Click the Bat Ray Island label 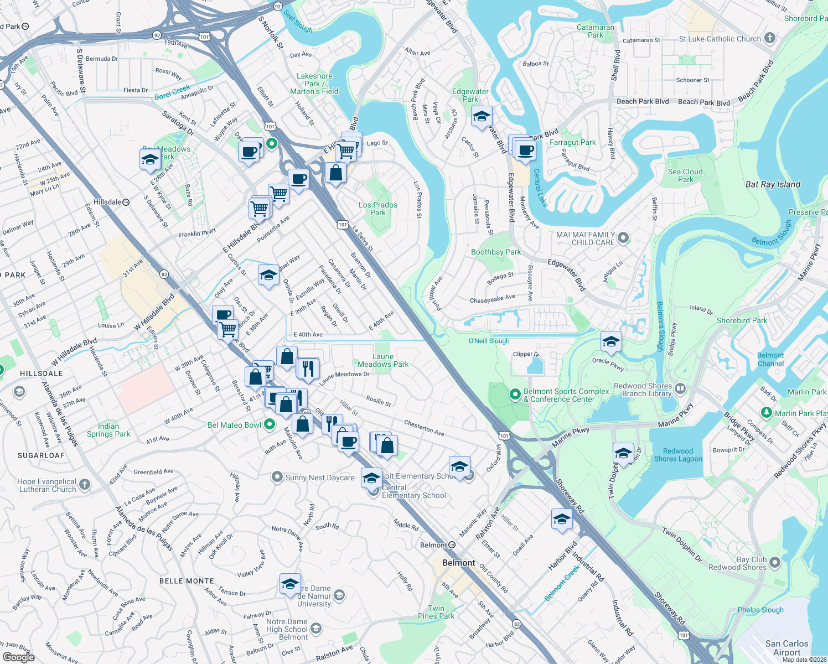click(773, 184)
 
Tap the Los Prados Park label click(378, 209)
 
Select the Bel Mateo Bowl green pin click(270, 424)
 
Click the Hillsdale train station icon click(126, 203)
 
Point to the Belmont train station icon click(452, 545)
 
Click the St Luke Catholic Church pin click(769, 38)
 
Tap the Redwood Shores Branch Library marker click(680, 389)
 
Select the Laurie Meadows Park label click(383, 360)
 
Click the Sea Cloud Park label click(685, 175)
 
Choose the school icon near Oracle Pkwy click(611, 342)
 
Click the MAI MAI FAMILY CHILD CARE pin click(623, 238)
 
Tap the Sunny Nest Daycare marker click(277, 477)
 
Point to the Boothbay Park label click(496, 252)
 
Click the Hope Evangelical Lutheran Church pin click(84, 485)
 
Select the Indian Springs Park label click(108, 430)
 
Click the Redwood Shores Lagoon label click(678, 455)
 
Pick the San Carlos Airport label click(786, 647)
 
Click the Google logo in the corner click(18, 657)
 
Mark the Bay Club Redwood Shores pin click(775, 563)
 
